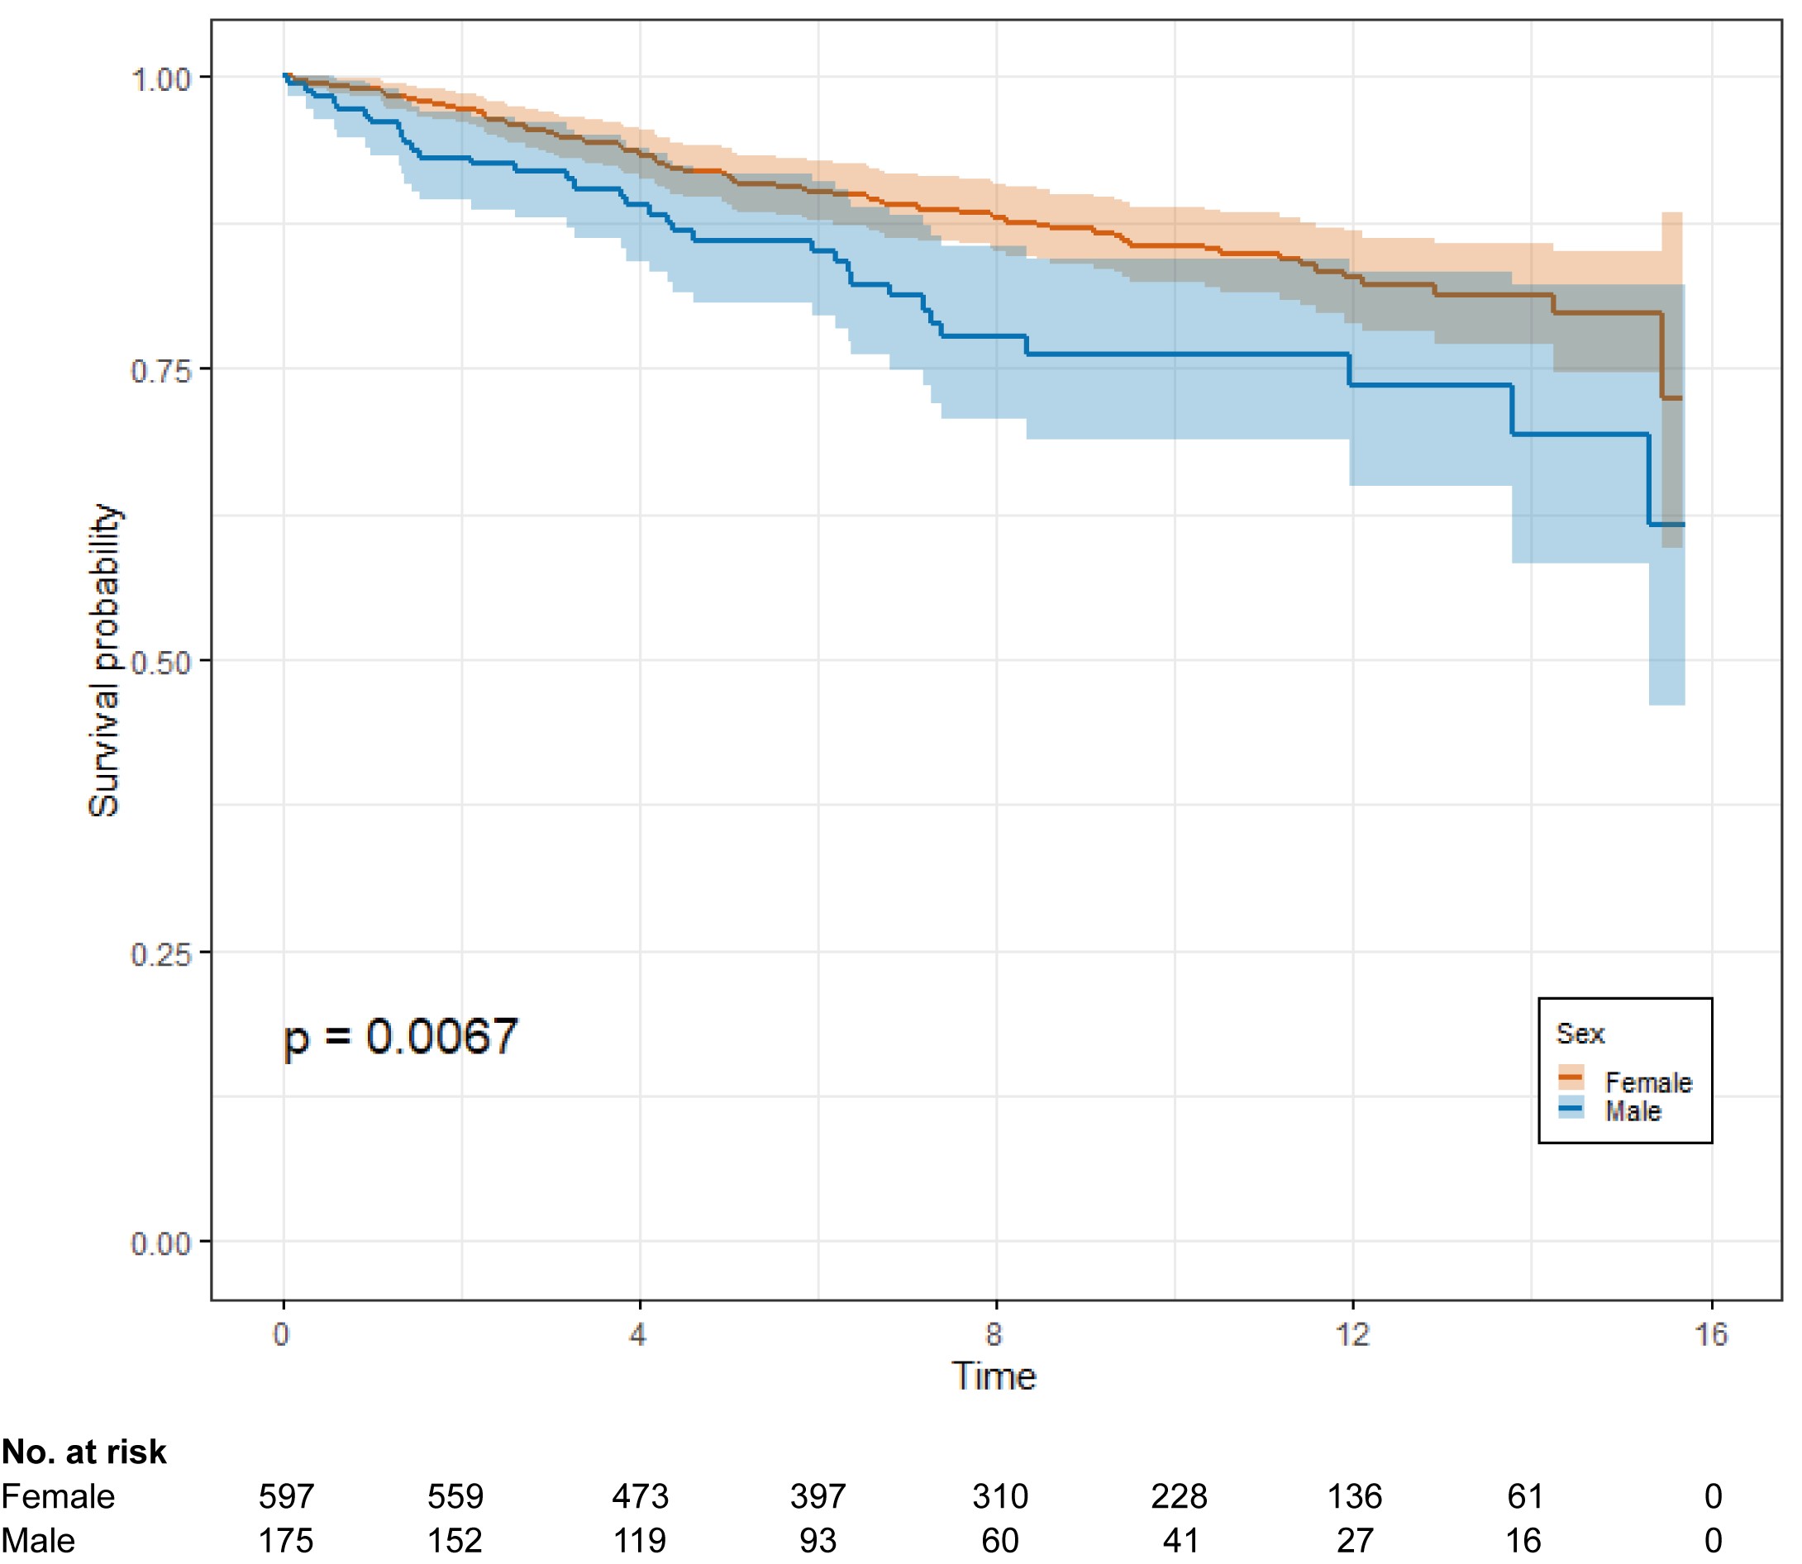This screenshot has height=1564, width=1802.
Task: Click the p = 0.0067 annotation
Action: pos(401,1037)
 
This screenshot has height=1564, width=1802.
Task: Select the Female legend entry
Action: pos(1647,1082)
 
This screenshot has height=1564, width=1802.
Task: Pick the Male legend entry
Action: pos(1632,1111)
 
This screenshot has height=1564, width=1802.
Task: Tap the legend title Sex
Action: pos(1580,1034)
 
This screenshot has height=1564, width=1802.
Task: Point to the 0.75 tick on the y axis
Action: pos(160,370)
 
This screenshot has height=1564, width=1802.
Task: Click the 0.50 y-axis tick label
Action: pos(160,663)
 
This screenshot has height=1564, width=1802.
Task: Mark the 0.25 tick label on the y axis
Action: pos(160,954)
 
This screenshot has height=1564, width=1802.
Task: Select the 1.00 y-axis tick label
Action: pos(160,79)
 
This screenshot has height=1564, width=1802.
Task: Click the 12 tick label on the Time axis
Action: pos(1352,1334)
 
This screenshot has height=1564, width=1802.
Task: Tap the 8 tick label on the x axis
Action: pos(994,1334)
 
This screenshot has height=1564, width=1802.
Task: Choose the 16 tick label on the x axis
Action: pos(1711,1334)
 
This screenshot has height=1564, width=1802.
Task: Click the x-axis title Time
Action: pos(994,1377)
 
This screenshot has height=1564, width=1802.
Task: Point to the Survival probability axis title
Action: pos(104,660)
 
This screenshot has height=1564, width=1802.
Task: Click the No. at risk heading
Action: pos(83,1452)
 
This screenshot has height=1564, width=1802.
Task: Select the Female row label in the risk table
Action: pos(58,1497)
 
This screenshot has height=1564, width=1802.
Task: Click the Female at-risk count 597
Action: pos(285,1497)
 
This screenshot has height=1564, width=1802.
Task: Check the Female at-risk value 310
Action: pos(999,1497)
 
